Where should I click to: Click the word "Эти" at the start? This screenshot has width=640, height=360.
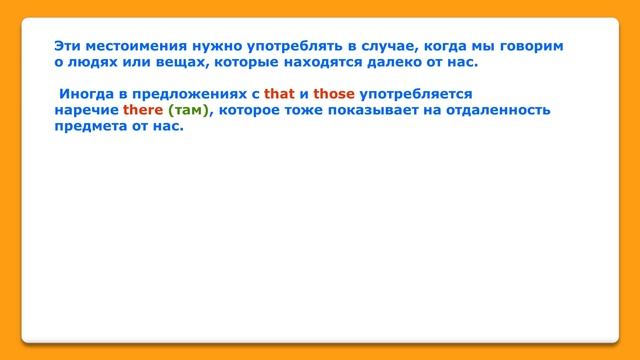click(68, 46)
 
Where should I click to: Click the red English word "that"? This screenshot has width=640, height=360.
click(279, 94)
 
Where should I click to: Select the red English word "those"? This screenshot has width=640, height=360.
click(335, 94)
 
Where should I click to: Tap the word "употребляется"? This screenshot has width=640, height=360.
click(415, 94)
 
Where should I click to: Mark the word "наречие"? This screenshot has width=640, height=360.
click(86, 110)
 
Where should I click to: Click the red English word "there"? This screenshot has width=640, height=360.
click(143, 110)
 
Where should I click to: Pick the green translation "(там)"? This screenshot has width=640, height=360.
click(190, 110)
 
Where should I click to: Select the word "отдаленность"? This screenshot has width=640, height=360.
click(500, 110)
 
